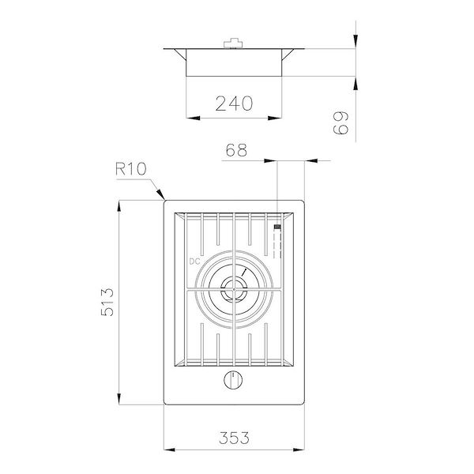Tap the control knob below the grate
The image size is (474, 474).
coord(233,381)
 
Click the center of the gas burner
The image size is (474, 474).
coord(234,291)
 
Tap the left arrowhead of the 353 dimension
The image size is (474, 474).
coord(166,449)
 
